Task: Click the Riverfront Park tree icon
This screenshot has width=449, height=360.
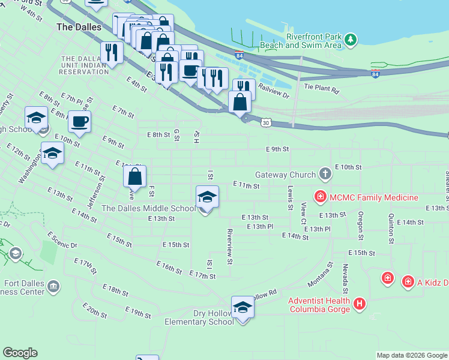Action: click(x=351, y=40)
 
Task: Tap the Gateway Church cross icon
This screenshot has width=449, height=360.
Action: click(x=325, y=175)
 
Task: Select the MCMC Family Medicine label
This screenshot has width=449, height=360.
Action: click(x=369, y=197)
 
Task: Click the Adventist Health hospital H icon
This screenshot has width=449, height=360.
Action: click(x=360, y=304)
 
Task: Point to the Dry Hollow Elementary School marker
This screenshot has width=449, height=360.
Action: click(x=243, y=307)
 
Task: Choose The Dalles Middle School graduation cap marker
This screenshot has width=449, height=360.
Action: click(x=207, y=197)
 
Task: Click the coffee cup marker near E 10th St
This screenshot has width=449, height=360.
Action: click(x=79, y=122)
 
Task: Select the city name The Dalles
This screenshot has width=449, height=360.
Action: click(x=78, y=27)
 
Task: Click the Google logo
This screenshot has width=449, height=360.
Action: click(x=20, y=353)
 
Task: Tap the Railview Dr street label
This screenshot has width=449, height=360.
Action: click(x=273, y=91)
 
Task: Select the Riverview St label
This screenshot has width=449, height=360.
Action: click(x=229, y=246)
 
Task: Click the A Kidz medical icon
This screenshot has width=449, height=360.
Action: click(x=408, y=280)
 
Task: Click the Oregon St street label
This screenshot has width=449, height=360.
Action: click(x=361, y=221)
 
